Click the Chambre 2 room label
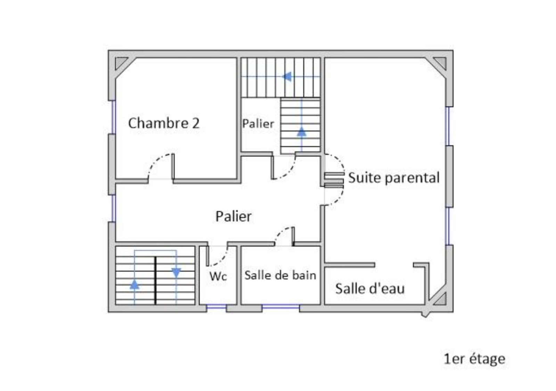(x=164, y=123)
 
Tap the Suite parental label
(x=394, y=178)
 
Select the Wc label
(x=218, y=276)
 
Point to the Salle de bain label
(x=280, y=275)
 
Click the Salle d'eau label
(x=370, y=289)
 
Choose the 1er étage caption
(x=474, y=359)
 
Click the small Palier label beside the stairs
(x=258, y=124)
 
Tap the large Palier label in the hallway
(x=233, y=216)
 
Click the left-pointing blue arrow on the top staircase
(x=287, y=77)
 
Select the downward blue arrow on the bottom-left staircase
(x=176, y=273)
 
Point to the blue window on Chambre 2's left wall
(x=113, y=117)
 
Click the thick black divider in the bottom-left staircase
(x=155, y=281)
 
